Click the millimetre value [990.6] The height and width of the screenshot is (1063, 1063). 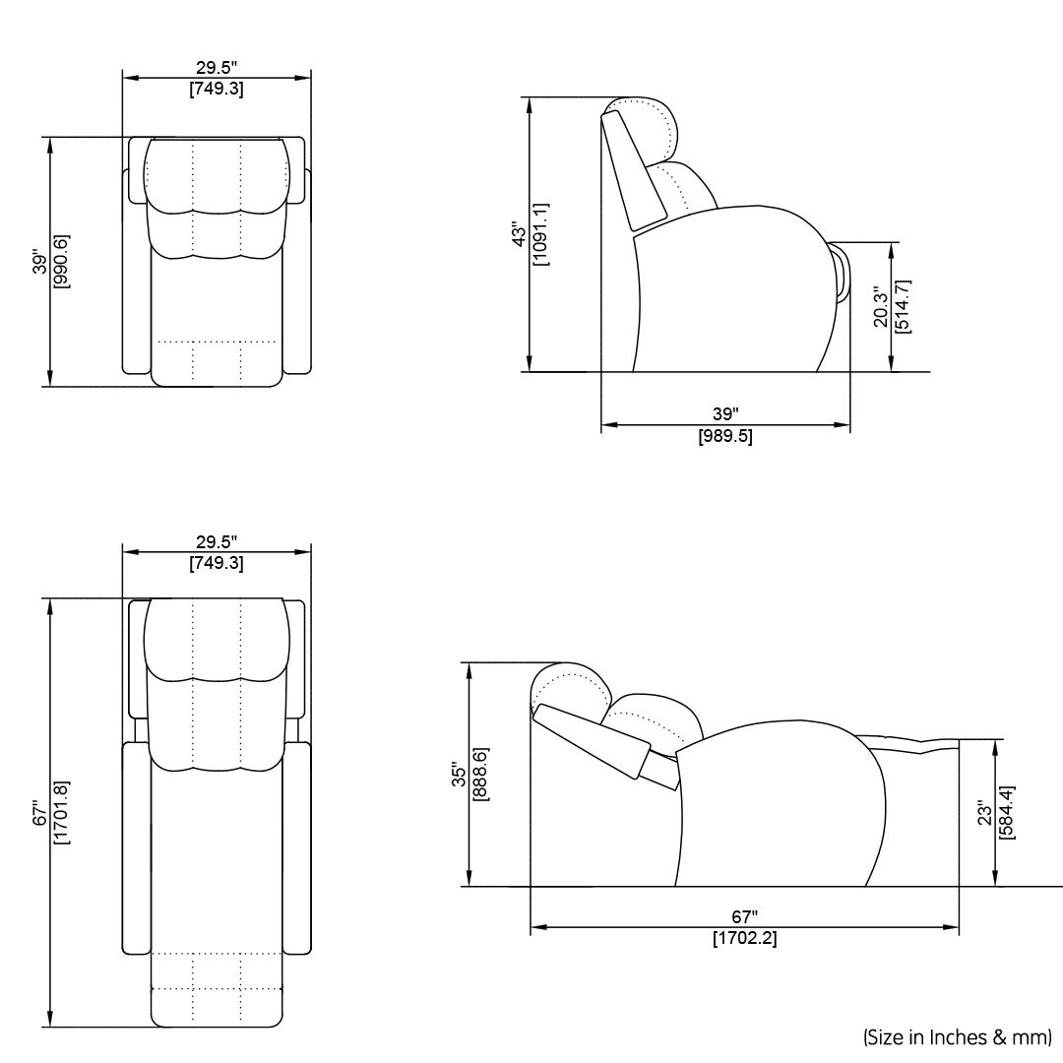(x=61, y=261)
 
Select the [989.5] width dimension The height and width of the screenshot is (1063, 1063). (x=725, y=436)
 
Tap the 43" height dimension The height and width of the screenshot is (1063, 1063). (x=520, y=235)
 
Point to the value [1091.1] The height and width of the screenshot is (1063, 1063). (x=540, y=235)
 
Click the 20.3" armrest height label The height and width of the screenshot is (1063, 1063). (x=881, y=306)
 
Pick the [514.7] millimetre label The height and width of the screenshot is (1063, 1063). (x=903, y=306)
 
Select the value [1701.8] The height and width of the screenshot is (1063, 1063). (x=61, y=813)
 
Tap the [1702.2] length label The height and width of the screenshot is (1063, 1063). (x=744, y=939)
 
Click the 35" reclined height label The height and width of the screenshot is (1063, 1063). (x=459, y=775)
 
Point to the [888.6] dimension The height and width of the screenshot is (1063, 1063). (x=480, y=775)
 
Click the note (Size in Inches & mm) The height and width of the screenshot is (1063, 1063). (x=957, y=1036)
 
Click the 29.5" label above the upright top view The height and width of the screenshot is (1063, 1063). (x=216, y=68)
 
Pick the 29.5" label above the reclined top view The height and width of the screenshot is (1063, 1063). (x=216, y=542)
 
